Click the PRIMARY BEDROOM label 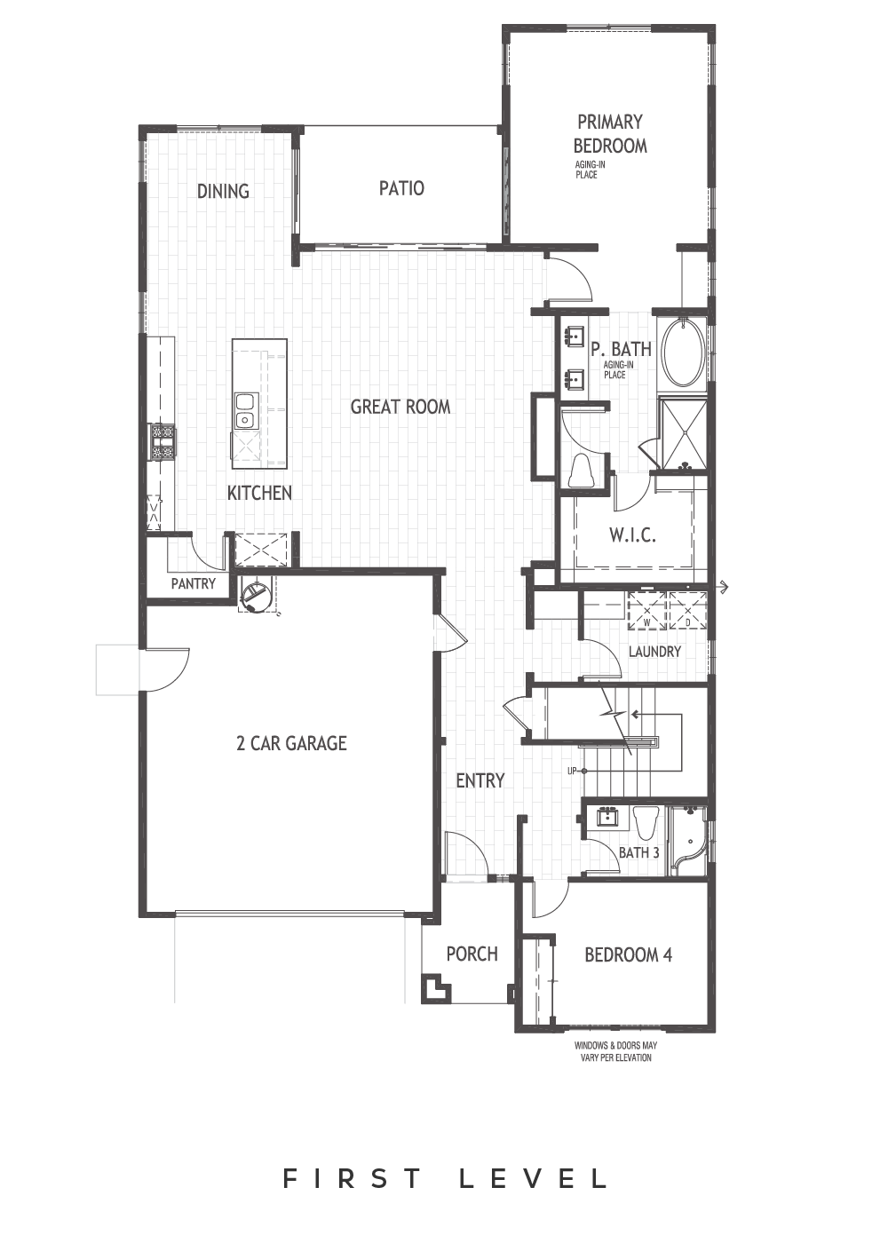click(609, 133)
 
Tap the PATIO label click(401, 188)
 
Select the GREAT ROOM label click(400, 407)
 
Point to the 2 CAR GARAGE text click(291, 743)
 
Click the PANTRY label click(194, 584)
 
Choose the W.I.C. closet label click(632, 535)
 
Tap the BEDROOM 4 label click(628, 955)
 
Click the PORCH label click(472, 954)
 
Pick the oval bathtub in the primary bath click(681, 352)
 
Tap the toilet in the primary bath click(583, 471)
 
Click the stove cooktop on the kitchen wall click(161, 440)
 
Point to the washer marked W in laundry click(647, 610)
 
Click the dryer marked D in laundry click(688, 610)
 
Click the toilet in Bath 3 click(646, 821)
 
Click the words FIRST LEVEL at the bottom click(445, 1179)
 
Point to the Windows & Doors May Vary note click(614, 1052)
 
